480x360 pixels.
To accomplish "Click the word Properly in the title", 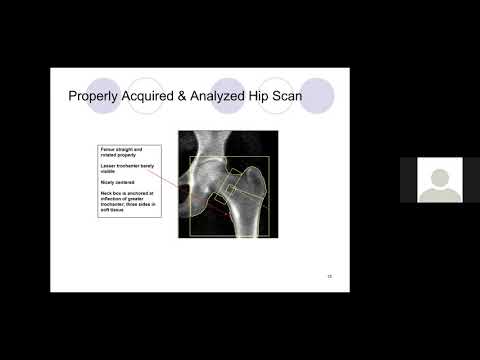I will coord(92,97).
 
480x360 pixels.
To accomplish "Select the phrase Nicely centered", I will coord(116,182).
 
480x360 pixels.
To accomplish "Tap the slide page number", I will coord(330,275).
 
